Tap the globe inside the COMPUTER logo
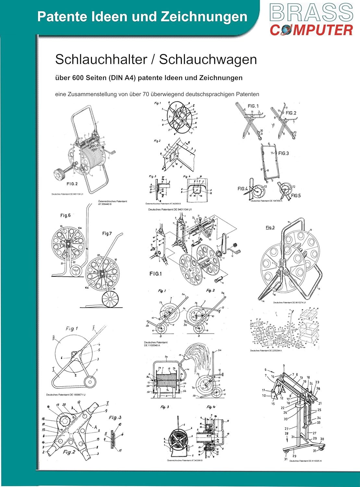coord(284,30)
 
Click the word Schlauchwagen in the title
coord(208,59)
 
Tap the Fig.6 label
coord(65,215)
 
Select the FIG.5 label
coord(296,195)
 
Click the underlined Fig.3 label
coord(270,227)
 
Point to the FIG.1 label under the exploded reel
coord(155,274)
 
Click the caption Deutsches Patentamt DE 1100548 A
coord(156,344)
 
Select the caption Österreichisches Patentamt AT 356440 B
coord(112,203)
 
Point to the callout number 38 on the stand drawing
coord(318,389)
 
